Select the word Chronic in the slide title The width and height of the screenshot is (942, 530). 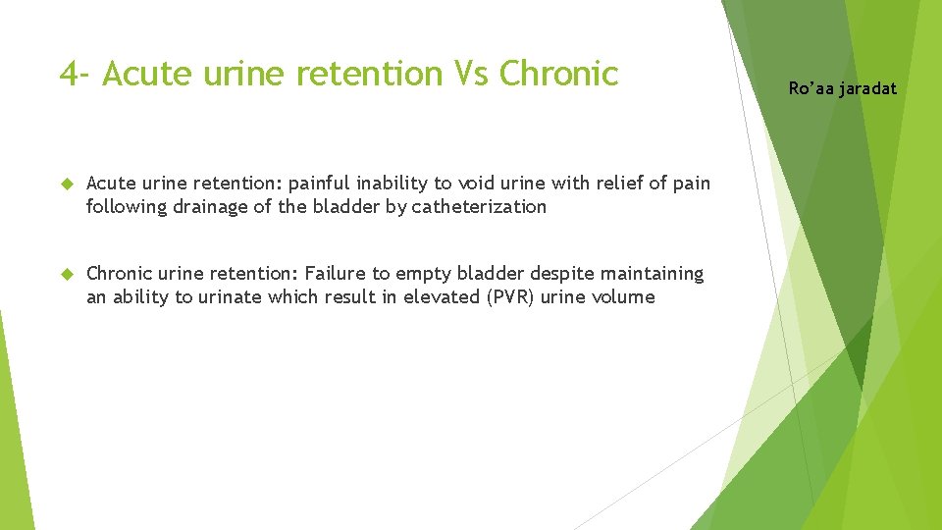558,74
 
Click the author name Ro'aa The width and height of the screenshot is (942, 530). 810,88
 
